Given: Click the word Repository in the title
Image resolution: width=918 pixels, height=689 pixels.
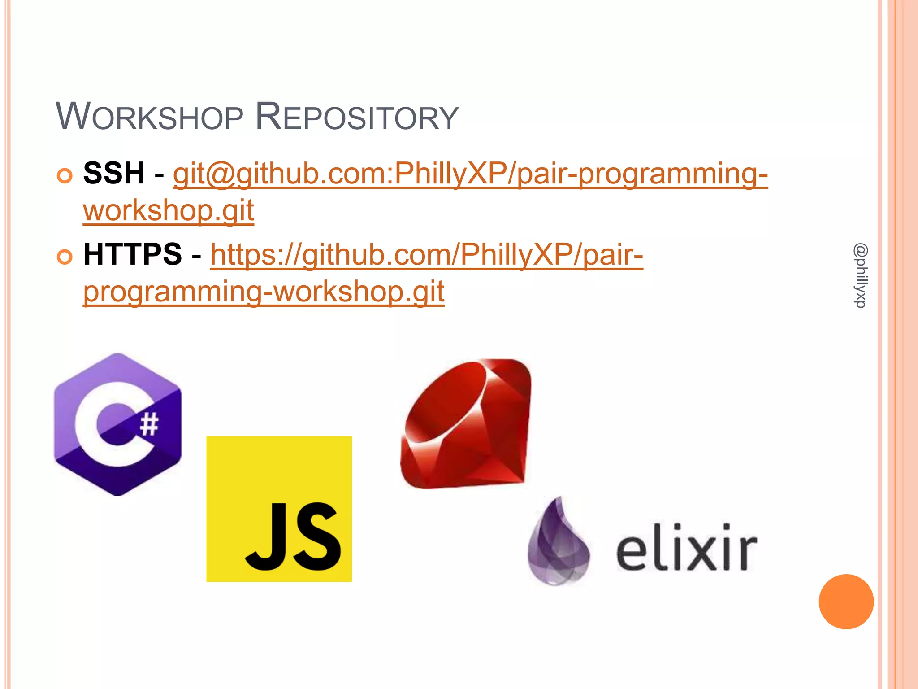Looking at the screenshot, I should pyautogui.click(x=356, y=117).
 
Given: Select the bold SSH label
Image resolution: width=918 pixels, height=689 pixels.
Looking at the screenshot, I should pyautogui.click(x=114, y=173).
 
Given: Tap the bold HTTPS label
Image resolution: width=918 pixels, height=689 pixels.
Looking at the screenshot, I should pyautogui.click(x=133, y=254).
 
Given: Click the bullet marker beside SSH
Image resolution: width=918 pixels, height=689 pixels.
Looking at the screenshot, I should pyautogui.click(x=65, y=176).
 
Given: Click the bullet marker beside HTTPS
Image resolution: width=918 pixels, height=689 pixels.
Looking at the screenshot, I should pyautogui.click(x=65, y=257).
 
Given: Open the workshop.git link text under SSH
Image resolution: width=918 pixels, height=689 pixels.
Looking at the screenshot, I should pyautogui.click(x=169, y=210).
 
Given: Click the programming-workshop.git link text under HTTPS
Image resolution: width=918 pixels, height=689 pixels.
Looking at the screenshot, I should pyautogui.click(x=264, y=292).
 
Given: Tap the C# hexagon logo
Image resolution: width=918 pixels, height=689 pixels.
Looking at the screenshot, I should pyautogui.click(x=117, y=424).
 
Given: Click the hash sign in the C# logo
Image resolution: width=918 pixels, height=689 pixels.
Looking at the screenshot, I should pyautogui.click(x=149, y=424).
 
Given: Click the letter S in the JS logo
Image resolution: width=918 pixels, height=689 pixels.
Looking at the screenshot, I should pyautogui.click(x=316, y=536).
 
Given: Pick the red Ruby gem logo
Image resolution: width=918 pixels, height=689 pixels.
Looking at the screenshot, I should pyautogui.click(x=466, y=423).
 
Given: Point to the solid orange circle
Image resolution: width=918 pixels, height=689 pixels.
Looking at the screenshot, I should pyautogui.click(x=846, y=602).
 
